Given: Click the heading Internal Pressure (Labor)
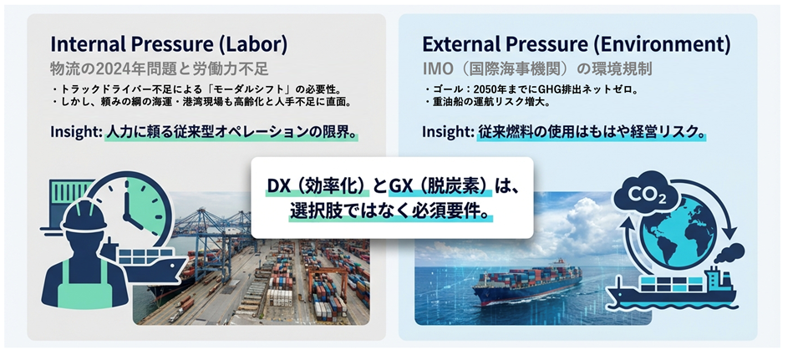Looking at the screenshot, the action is tap(169, 45).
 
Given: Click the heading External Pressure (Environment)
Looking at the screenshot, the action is tap(576, 45).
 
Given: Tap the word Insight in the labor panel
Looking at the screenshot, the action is tap(75, 132).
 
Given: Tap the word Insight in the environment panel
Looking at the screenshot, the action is tap(447, 132).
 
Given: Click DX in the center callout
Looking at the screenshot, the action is tap(277, 186).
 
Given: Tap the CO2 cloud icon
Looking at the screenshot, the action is tap(646, 193).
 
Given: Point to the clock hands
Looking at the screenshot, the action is tap(131, 214).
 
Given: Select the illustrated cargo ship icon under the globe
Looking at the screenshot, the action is tap(671, 288).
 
